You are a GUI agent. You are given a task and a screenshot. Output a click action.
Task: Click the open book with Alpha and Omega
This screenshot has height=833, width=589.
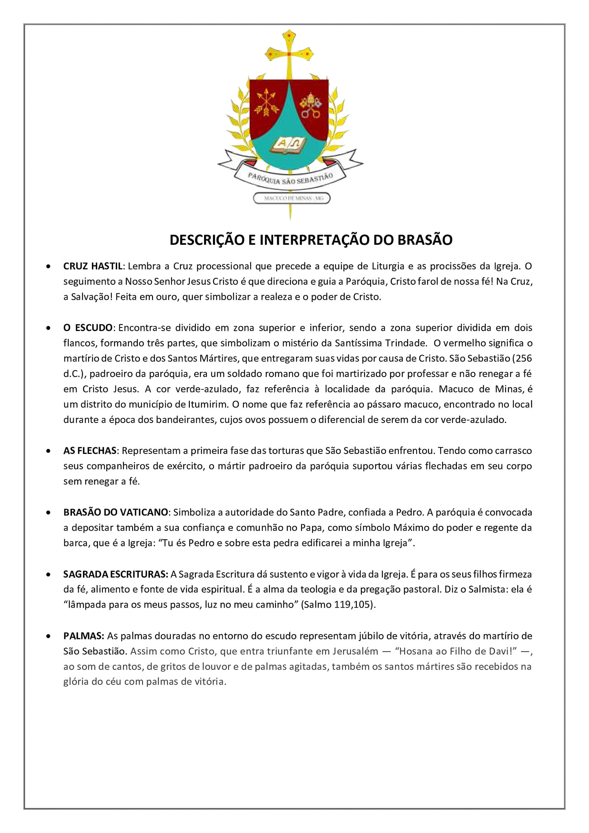(289, 145)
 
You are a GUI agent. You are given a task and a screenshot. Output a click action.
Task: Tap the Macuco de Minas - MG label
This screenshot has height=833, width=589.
(291, 198)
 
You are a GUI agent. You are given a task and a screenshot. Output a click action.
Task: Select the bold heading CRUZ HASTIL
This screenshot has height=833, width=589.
(93, 266)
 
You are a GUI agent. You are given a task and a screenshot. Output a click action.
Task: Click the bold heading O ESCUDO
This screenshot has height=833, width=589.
(88, 328)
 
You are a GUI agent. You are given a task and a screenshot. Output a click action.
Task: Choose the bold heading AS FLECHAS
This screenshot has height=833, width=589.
(90, 451)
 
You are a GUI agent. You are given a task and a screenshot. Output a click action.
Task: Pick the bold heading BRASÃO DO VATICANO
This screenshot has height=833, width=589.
(115, 512)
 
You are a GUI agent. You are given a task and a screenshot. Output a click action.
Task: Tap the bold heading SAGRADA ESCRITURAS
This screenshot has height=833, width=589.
(115, 574)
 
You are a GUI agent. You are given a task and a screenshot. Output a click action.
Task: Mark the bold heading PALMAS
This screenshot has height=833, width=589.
(84, 635)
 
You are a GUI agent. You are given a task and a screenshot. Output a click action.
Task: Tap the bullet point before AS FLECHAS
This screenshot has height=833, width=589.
(48, 451)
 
